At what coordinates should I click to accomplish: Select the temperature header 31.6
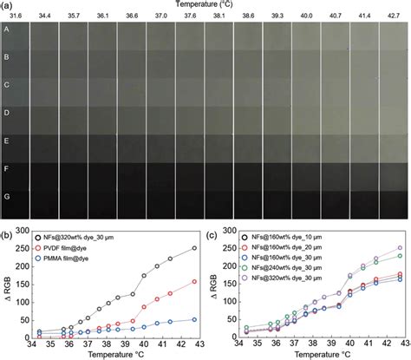pos(14,16)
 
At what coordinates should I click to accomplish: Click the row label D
pos(8,113)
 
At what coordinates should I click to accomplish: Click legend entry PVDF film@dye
pos(75,247)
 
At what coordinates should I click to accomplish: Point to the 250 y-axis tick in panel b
pos(23,249)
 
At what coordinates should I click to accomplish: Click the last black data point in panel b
pos(193,249)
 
